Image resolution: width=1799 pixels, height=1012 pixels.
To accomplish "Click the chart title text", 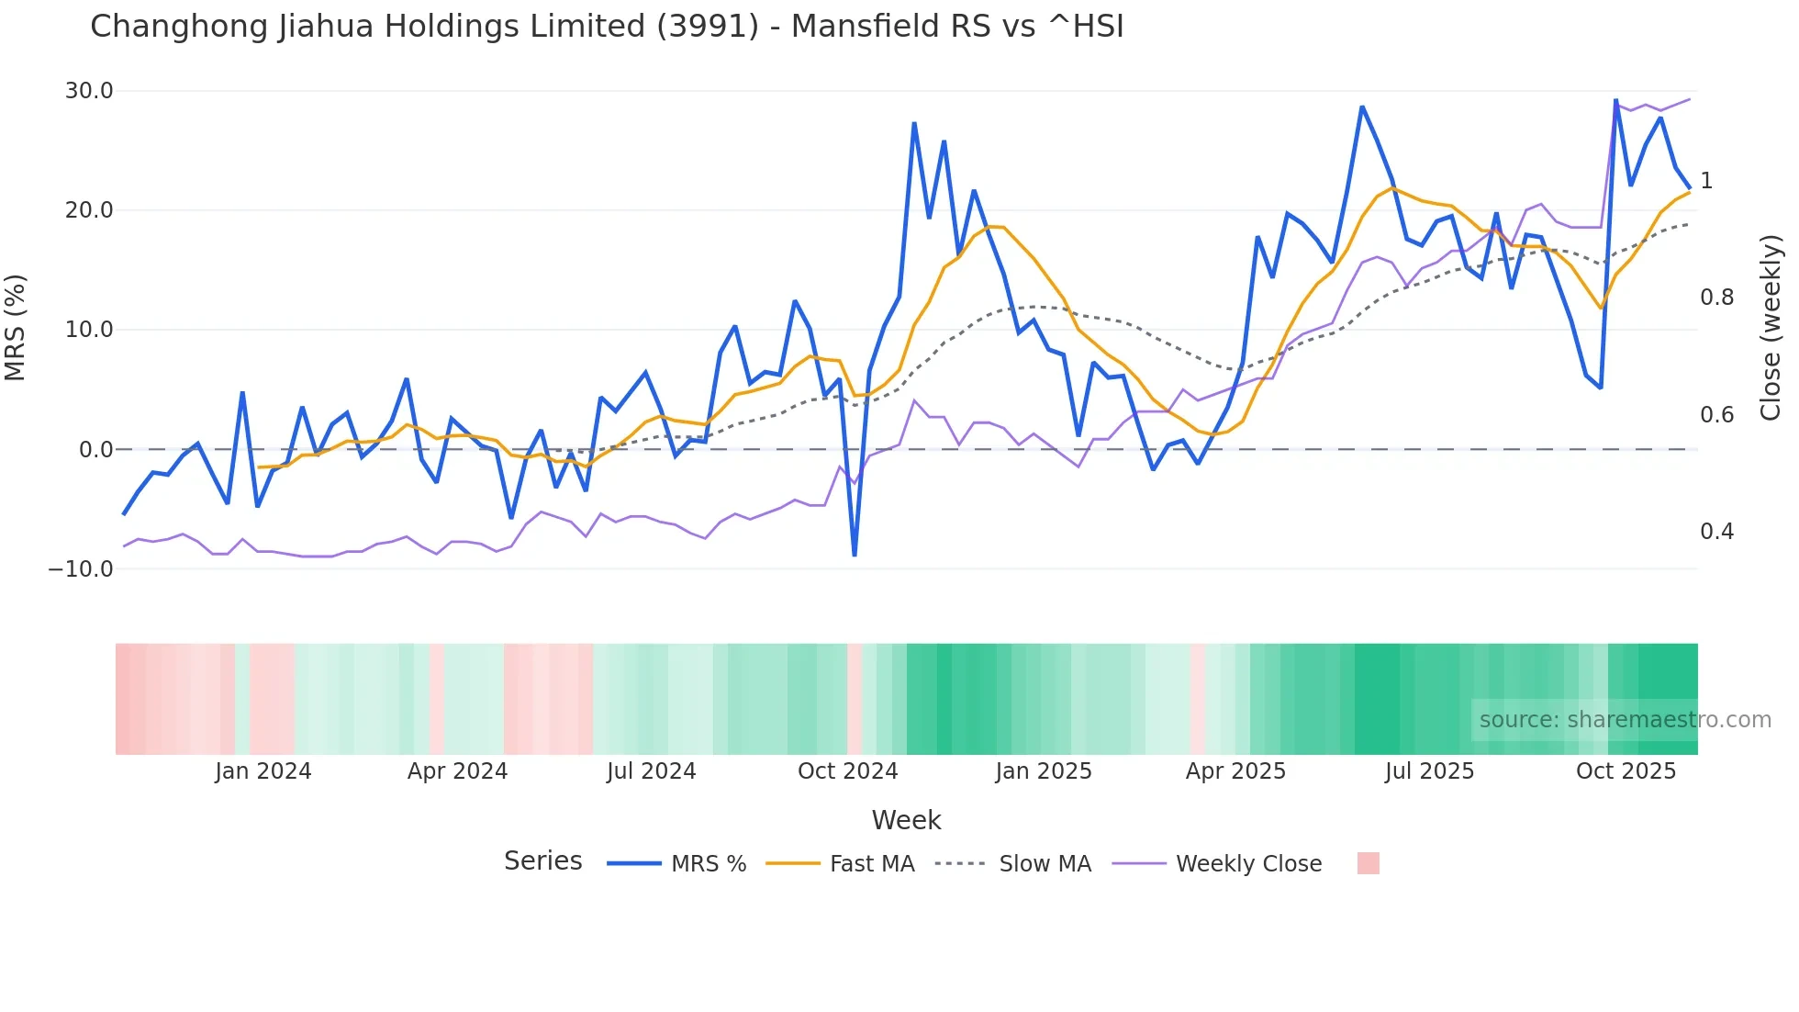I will [607, 27].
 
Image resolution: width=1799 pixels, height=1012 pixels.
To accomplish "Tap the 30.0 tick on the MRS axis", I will [89, 91].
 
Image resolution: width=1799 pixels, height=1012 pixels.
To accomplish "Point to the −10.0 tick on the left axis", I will [81, 569].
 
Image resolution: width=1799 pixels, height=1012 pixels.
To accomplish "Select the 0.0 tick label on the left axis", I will [95, 450].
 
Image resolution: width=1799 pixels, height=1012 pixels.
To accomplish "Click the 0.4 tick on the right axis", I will [1716, 532].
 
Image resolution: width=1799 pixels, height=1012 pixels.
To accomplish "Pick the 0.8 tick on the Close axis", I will [1716, 298].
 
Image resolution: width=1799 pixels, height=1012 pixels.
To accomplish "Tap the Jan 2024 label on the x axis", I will [263, 771].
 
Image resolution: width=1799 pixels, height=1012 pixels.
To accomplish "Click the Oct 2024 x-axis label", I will [847, 771].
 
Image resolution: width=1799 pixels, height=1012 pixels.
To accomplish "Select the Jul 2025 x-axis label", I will [1429, 771].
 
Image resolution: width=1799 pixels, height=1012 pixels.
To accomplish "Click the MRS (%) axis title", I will [16, 328].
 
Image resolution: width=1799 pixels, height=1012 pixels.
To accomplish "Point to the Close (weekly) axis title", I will [1771, 328].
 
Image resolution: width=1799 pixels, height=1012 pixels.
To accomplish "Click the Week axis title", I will [906, 820].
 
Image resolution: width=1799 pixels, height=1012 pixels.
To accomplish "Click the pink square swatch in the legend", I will [1368, 863].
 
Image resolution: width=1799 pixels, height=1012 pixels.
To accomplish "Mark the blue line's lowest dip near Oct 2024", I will [855, 555].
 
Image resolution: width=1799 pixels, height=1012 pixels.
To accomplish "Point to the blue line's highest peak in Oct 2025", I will [1615, 100].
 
